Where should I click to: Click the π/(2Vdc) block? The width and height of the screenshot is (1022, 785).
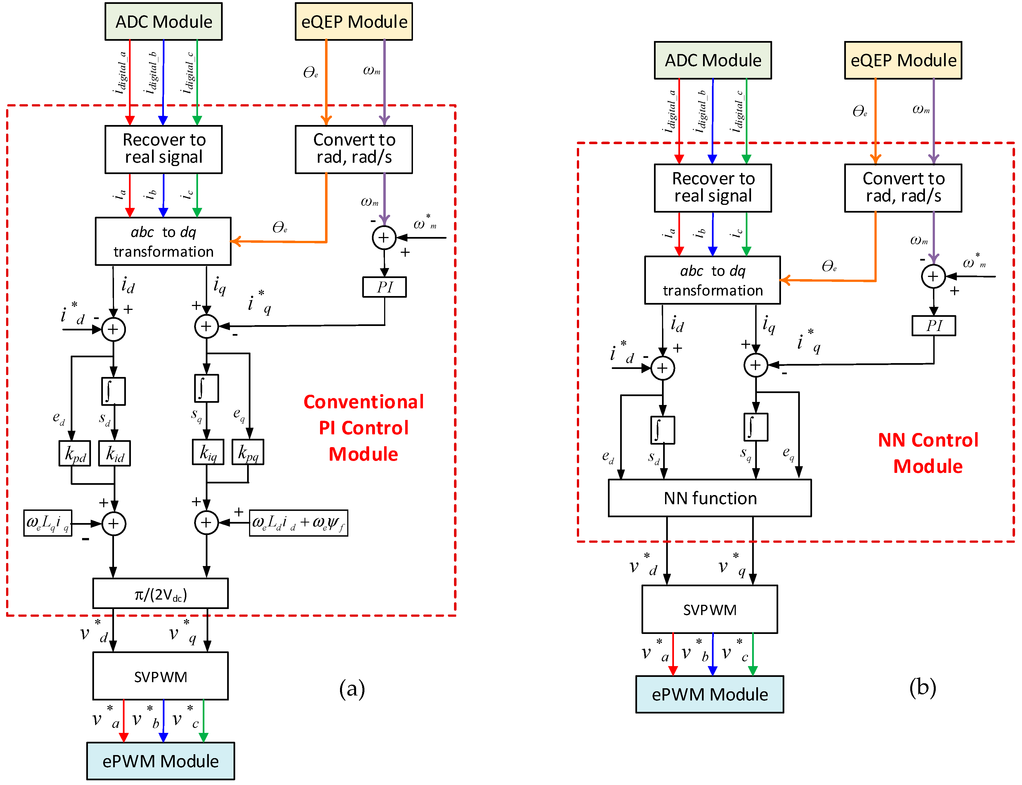160,593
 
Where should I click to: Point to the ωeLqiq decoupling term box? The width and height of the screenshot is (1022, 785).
48,523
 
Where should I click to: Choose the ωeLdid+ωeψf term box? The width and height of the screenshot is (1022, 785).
298,523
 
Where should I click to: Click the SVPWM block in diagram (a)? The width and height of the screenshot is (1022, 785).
160,676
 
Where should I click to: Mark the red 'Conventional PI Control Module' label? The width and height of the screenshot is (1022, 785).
363,427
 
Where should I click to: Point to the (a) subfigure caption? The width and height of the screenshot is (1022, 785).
352,689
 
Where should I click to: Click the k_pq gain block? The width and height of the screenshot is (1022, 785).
248,452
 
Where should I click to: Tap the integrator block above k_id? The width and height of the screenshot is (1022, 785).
113,391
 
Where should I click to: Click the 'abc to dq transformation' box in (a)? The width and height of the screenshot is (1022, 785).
163,241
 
